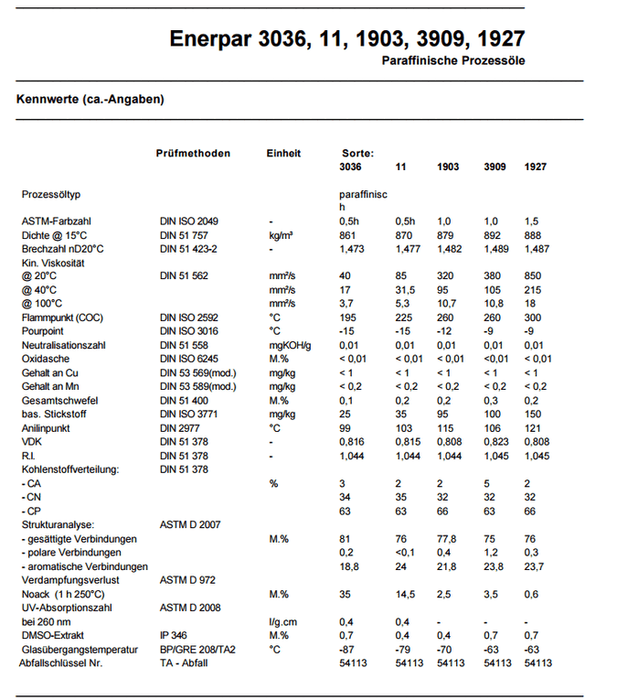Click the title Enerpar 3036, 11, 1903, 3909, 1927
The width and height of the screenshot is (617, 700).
(x=347, y=38)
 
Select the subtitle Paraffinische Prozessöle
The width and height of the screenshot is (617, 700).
(x=453, y=61)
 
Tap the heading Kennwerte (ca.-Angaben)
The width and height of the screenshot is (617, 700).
(x=90, y=99)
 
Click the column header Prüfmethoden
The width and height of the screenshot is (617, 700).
(x=193, y=154)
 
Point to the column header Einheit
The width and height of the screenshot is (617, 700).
(x=283, y=154)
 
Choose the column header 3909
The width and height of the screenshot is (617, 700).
(x=495, y=167)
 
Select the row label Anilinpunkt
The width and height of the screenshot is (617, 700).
(x=48, y=427)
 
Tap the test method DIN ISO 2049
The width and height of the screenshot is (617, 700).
(x=189, y=221)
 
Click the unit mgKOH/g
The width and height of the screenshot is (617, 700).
(x=291, y=344)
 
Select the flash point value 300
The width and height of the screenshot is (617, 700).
(x=534, y=317)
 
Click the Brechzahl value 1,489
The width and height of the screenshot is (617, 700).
(x=495, y=249)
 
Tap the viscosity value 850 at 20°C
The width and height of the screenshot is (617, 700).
(x=534, y=276)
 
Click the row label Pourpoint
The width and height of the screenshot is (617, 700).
(x=44, y=330)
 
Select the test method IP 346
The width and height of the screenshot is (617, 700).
(x=175, y=635)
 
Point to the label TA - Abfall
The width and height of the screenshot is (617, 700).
(x=184, y=662)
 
